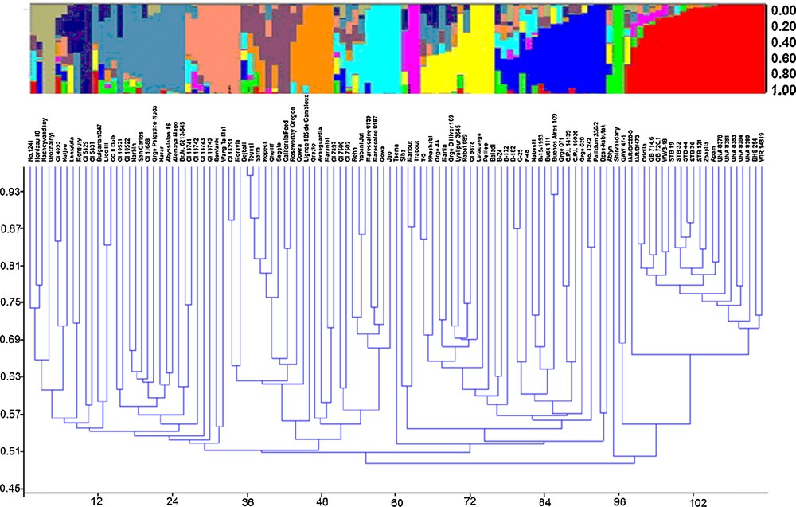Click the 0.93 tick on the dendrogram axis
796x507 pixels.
pos(13,192)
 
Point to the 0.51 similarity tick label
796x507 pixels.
pos(13,451)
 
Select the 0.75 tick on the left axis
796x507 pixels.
pos(13,302)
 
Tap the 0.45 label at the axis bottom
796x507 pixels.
pos(13,488)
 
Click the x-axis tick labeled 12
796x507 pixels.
pos(97,501)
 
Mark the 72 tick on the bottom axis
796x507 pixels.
pos(470,501)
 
